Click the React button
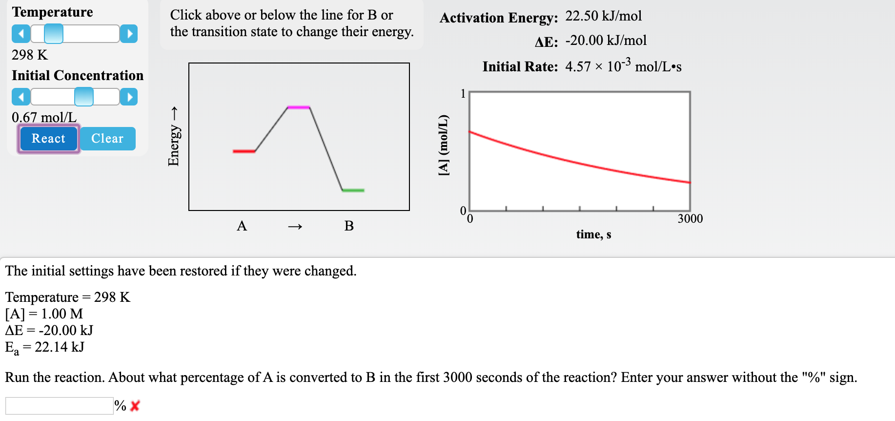click(48, 139)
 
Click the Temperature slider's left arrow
click(20, 34)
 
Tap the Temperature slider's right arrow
click(129, 34)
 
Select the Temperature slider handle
click(54, 34)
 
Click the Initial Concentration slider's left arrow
click(20, 97)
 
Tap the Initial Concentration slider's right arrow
click(129, 97)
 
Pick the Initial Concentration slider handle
click(84, 97)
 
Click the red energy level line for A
click(244, 151)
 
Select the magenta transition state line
click(299, 107)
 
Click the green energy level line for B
click(353, 190)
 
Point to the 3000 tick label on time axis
click(690, 219)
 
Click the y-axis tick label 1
click(463, 94)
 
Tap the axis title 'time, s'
click(593, 235)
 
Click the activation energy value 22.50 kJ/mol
click(603, 16)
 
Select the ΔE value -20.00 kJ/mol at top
click(606, 41)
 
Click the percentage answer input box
click(59, 406)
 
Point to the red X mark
click(135, 406)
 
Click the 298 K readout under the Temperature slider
click(30, 55)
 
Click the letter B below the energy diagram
click(349, 226)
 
